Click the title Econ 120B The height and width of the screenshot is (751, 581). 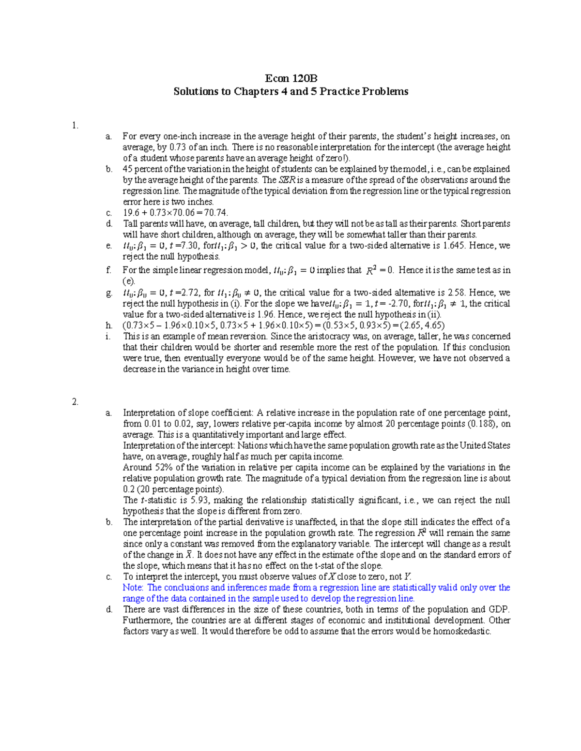point(290,79)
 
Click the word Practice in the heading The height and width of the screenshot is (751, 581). point(348,91)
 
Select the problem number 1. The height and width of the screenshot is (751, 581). point(75,126)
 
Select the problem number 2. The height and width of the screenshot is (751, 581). point(75,402)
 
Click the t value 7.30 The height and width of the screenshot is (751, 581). point(190,246)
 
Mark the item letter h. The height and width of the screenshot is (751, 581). point(109,325)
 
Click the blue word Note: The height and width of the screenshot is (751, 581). point(133,588)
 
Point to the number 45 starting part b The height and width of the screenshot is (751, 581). point(128,169)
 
